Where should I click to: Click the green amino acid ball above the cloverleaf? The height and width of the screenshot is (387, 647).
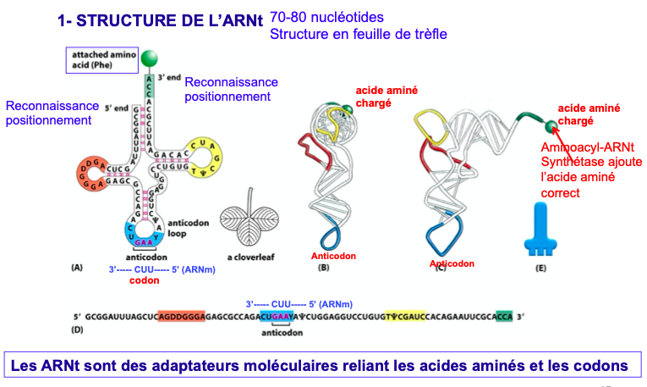pyautogui.click(x=149, y=58)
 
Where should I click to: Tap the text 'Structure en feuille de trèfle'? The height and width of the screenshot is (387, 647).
pyautogui.click(x=358, y=35)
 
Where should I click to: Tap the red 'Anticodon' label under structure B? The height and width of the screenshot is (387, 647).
pyautogui.click(x=333, y=255)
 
